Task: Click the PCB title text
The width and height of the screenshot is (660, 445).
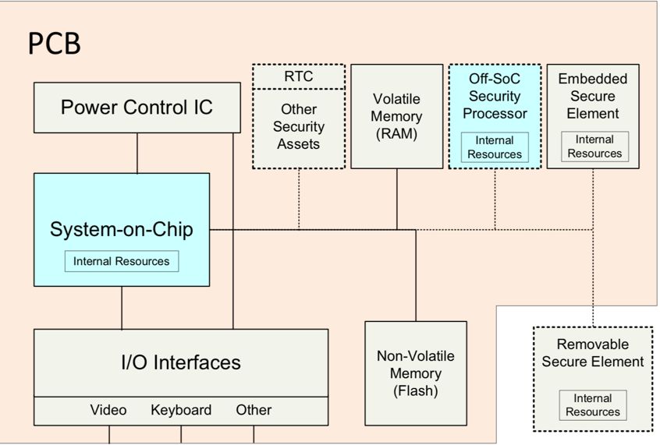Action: [55, 44]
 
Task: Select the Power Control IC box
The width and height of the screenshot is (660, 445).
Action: [137, 108]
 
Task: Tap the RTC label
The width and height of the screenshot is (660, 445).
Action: [299, 76]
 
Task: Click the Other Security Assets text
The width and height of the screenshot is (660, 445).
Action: [299, 126]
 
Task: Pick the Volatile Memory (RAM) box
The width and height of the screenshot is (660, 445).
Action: [397, 116]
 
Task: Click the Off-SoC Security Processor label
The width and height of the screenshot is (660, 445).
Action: [495, 96]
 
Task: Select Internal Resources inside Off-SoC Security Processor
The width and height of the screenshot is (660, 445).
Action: [495, 147]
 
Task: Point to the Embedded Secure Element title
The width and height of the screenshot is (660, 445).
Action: [593, 96]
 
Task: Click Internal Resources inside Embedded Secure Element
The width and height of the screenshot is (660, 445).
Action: [594, 147]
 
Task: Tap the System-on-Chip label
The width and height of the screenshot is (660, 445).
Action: [121, 230]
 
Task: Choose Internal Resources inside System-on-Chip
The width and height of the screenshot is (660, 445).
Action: [122, 261]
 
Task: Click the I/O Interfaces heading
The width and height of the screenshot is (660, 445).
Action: [181, 362]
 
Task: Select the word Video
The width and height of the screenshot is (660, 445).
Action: [108, 410]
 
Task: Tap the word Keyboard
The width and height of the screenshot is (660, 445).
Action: [181, 410]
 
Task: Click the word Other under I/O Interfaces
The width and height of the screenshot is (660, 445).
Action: [254, 410]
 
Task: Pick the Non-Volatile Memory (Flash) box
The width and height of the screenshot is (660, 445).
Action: [416, 373]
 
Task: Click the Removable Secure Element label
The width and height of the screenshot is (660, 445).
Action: [593, 353]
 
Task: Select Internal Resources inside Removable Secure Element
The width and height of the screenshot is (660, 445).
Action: [593, 405]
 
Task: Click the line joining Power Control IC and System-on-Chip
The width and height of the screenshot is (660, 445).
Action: [137, 153]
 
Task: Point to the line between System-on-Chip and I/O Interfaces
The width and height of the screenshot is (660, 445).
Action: [122, 308]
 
